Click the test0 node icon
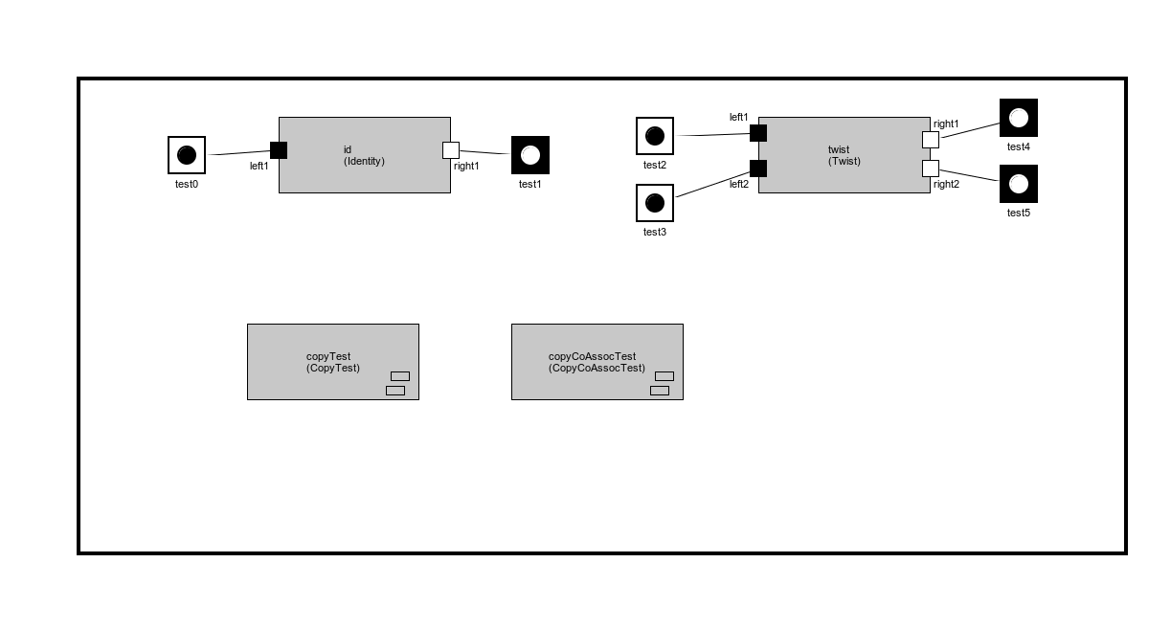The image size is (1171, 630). point(187,155)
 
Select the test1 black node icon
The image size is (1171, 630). point(530,155)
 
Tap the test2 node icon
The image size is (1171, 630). point(655,136)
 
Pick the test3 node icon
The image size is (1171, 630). point(655,203)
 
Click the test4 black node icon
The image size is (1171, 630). point(1019,118)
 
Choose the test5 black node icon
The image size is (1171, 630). point(1019,184)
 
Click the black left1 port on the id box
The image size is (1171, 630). point(279,150)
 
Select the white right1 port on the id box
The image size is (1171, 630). point(451,150)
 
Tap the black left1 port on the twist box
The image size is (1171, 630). point(758,133)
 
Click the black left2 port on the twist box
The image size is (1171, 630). point(758,169)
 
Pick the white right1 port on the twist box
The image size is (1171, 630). point(931,140)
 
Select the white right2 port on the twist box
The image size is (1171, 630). point(931,169)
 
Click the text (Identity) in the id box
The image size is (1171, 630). point(364,161)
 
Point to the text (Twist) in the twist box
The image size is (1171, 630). point(844,161)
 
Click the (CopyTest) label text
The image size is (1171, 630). point(333,368)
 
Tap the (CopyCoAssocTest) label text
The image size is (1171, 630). point(597,368)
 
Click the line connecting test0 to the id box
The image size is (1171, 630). point(239,152)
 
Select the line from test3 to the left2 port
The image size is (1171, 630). point(713,184)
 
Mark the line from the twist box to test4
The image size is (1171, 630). point(969,130)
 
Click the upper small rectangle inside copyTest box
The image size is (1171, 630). point(400,376)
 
